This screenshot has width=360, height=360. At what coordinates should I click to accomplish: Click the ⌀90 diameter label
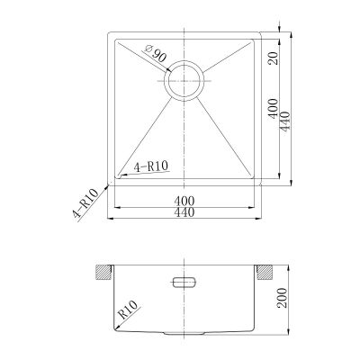pyautogui.click(x=156, y=53)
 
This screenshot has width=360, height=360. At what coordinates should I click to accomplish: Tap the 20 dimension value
pyautogui.click(x=274, y=58)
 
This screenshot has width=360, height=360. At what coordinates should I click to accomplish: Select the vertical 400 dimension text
pyautogui.click(x=274, y=108)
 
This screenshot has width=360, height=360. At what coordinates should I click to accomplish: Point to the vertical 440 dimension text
pyautogui.click(x=285, y=121)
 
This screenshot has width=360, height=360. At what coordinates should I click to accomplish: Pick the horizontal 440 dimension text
pyautogui.click(x=184, y=212)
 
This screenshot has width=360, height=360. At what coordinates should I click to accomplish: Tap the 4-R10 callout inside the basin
pyautogui.click(x=151, y=166)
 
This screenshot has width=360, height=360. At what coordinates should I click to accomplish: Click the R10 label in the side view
pyautogui.click(x=128, y=310)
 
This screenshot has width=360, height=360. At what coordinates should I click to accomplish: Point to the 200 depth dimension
pyautogui.click(x=282, y=298)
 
